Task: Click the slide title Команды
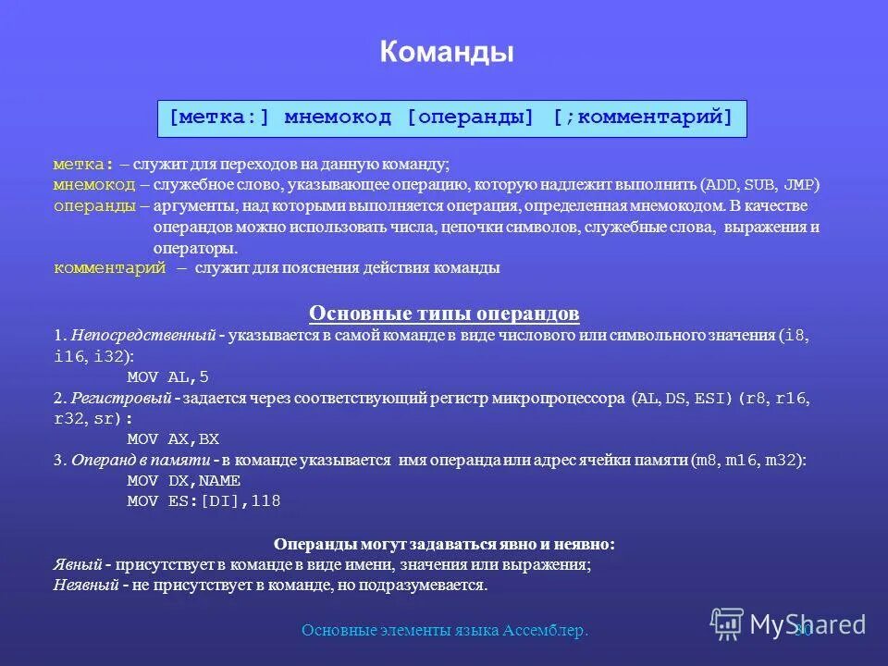tap(446, 52)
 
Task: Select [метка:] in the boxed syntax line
tap(219, 118)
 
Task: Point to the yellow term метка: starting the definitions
tap(83, 165)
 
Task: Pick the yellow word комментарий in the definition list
tap(110, 268)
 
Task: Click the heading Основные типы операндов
tap(444, 314)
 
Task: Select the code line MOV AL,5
tap(167, 377)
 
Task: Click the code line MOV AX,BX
tap(173, 439)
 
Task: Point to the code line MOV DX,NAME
tap(183, 481)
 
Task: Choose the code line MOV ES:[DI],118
tap(203, 501)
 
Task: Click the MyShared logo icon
tap(726, 623)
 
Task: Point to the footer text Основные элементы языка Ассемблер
tap(446, 631)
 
